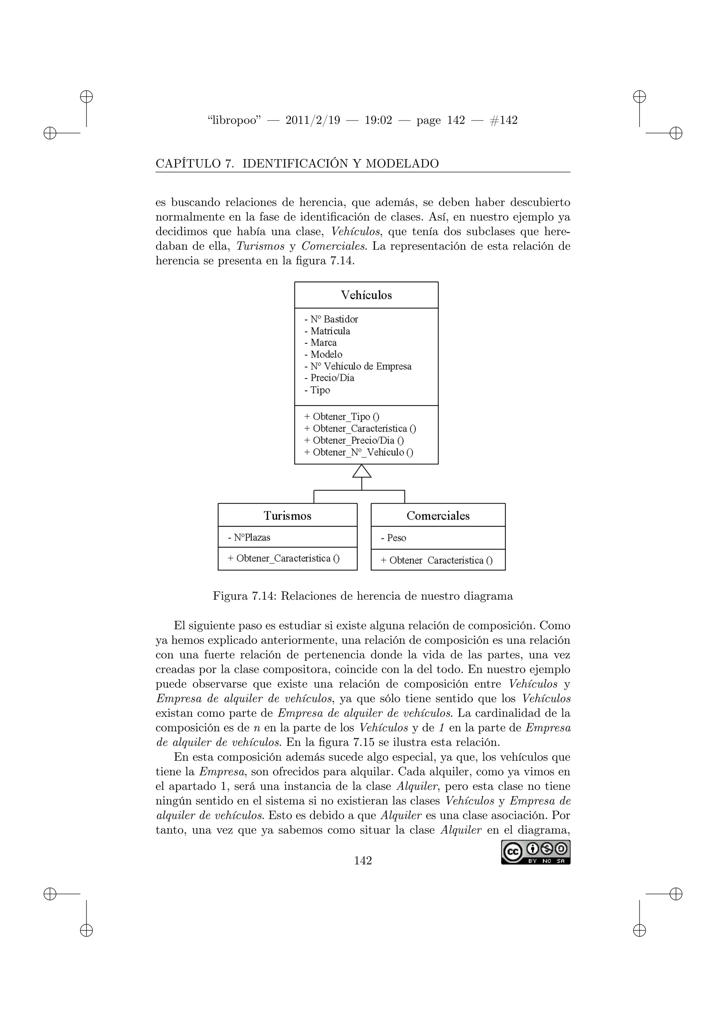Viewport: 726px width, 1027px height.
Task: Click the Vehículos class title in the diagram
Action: click(x=366, y=295)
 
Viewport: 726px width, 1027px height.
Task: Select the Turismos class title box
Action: click(x=287, y=516)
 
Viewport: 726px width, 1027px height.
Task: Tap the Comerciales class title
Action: click(x=438, y=516)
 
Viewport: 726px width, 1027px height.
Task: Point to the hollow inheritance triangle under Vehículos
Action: click(x=362, y=471)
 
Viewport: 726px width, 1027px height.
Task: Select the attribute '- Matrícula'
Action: click(x=327, y=331)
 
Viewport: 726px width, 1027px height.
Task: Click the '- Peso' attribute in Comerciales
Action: click(x=393, y=538)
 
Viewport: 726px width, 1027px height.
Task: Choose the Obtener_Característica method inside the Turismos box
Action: click(x=284, y=559)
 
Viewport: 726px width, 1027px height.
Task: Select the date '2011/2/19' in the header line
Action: click(x=312, y=120)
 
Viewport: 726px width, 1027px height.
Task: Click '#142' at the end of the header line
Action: click(x=503, y=120)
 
